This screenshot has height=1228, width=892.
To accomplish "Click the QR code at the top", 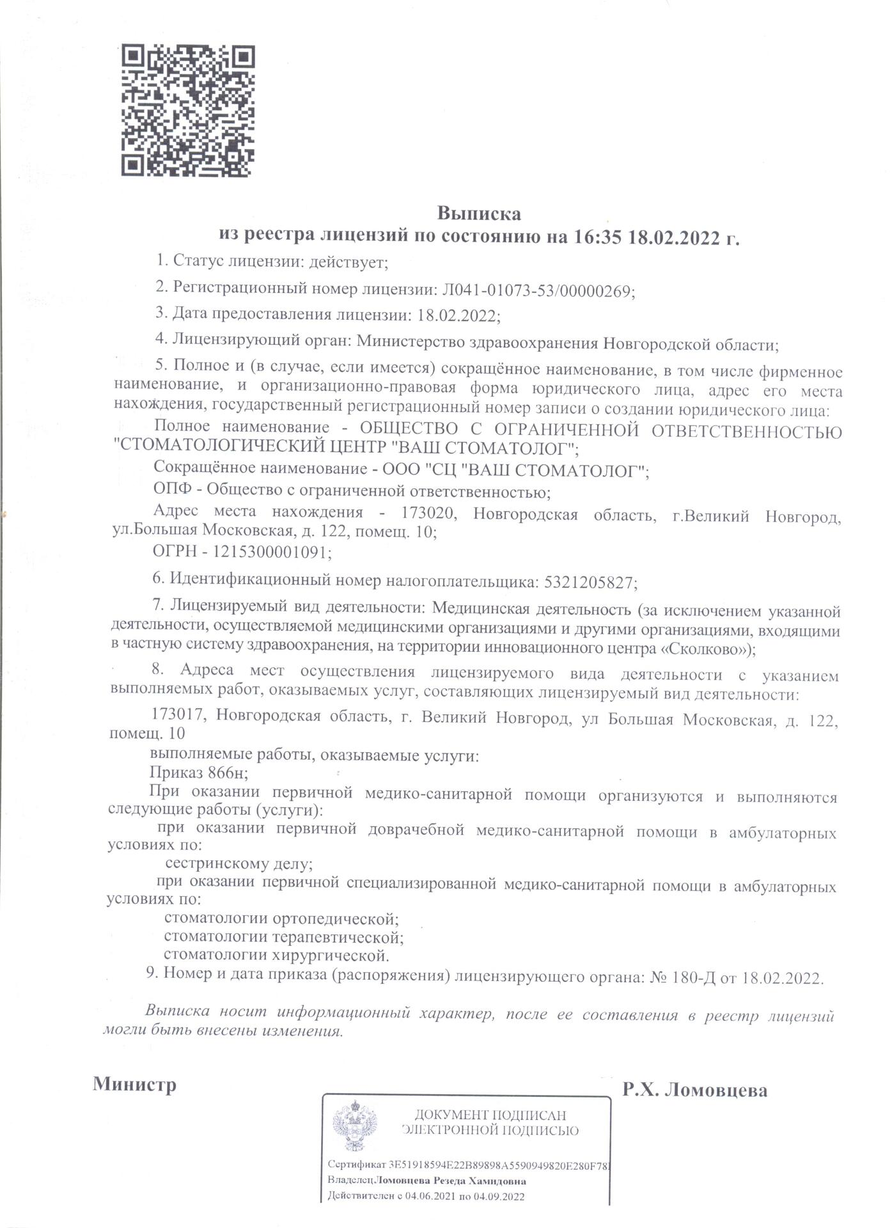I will (188, 110).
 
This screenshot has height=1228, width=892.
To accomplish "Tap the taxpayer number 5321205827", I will (588, 582).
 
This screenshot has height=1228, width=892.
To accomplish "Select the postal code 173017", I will (178, 717).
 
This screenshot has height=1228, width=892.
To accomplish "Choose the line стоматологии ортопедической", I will (281, 919).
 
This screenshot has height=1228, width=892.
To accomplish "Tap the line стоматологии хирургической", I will (276, 956).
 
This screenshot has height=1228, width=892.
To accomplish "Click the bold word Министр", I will (135, 1085).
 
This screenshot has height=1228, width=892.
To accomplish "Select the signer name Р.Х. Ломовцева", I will (695, 1090).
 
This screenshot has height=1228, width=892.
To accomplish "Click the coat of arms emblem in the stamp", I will (354, 1126).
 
